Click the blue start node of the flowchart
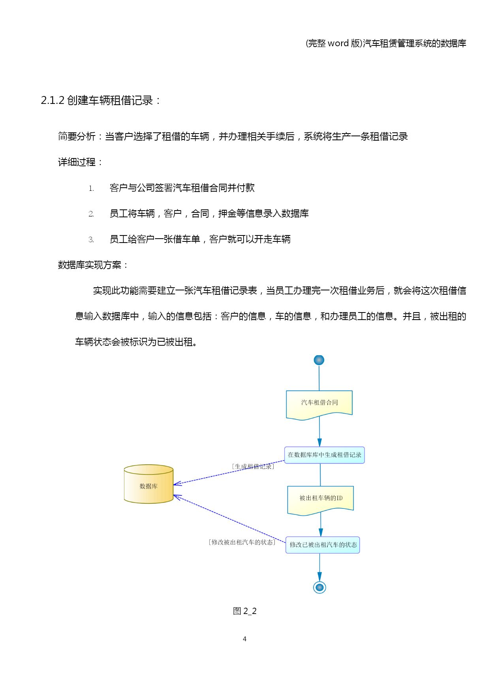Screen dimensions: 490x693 [x=319, y=360]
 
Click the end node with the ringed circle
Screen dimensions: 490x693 [x=319, y=588]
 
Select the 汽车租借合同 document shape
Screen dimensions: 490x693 [x=319, y=405]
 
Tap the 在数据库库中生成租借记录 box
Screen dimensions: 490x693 [x=325, y=455]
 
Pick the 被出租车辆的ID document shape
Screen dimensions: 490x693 [x=320, y=500]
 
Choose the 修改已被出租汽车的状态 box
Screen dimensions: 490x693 [x=323, y=545]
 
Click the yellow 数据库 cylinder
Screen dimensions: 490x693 [x=149, y=484]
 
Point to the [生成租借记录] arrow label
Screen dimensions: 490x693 [x=253, y=467]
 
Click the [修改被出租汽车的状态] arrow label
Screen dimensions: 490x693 [x=242, y=542]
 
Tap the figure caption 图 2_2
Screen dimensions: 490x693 [x=245, y=611]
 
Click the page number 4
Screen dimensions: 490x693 [x=245, y=639]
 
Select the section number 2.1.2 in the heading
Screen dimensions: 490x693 [x=53, y=100]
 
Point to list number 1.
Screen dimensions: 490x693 [x=91, y=188]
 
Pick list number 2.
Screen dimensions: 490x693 [x=91, y=214]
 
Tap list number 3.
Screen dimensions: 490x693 [x=91, y=240]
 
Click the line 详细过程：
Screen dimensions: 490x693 [x=81, y=162]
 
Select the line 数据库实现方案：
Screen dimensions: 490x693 [x=93, y=265]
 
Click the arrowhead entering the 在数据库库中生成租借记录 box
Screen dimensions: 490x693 [x=319, y=443]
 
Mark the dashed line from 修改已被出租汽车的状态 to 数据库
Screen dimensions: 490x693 [x=229, y=519]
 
